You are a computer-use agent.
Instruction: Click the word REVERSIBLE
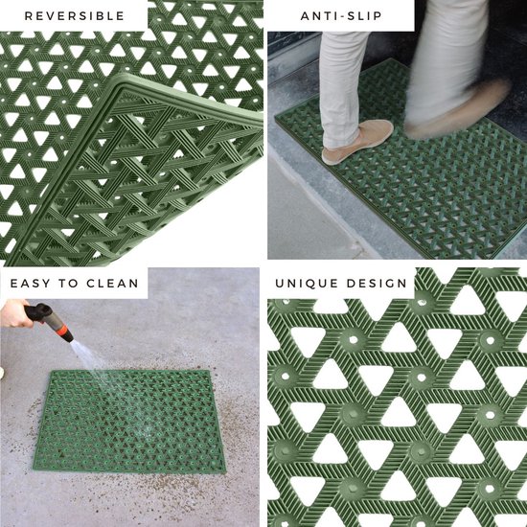pos(74,16)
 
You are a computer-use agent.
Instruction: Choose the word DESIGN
pos(377,284)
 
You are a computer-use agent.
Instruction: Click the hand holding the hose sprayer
pos(16,313)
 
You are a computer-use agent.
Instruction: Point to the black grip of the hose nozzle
pos(41,314)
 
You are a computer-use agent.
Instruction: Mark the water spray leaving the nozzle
pos(88,359)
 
